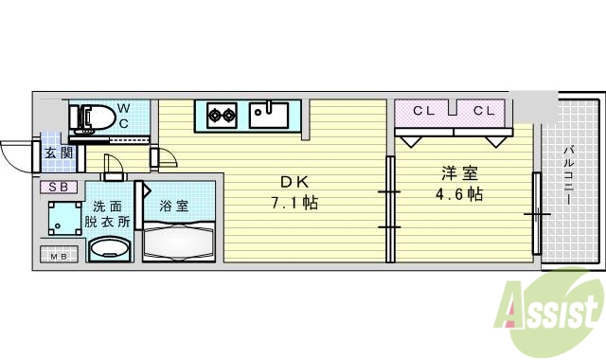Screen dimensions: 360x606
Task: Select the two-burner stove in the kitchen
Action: pyautogui.click(x=223, y=116)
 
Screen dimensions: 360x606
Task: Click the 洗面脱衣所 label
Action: pyautogui.click(x=106, y=215)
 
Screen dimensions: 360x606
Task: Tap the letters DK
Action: pyautogui.click(x=290, y=182)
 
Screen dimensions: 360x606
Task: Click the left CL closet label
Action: pyautogui.click(x=422, y=111)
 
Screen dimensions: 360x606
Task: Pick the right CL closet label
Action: pyautogui.click(x=484, y=111)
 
